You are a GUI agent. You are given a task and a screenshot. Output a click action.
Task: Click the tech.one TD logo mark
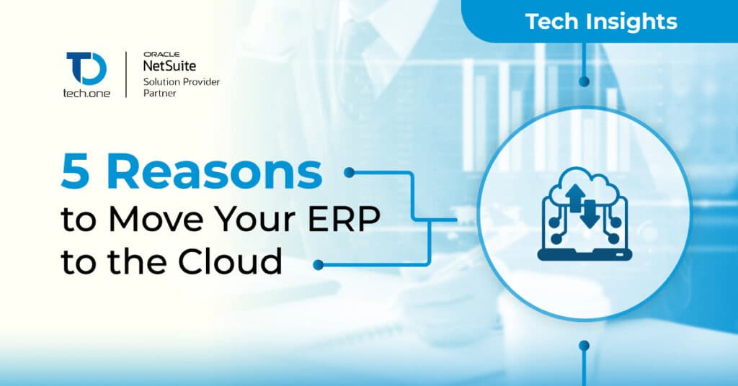coord(86,68)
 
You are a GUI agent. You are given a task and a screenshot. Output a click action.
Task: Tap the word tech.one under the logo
coord(86,93)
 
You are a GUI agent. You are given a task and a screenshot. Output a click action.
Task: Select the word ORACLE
coord(161,55)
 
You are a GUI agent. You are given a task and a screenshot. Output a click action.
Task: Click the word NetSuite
coord(169,66)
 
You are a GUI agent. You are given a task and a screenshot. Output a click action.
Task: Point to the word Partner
coord(159,93)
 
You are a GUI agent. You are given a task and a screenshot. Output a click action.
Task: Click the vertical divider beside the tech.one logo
coord(126,74)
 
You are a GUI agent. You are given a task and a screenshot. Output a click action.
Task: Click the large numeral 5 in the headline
coord(75,173)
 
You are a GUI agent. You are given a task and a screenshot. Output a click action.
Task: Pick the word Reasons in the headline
coord(215,173)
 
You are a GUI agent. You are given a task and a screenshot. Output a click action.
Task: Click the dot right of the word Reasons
coord(349,173)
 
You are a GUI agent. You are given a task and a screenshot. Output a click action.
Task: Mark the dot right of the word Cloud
coord(318,265)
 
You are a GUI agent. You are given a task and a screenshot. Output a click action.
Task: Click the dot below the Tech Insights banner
coord(584,82)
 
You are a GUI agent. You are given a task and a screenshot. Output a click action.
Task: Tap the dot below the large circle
coord(584,346)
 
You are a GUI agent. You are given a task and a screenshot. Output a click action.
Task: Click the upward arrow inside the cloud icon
coord(574,197)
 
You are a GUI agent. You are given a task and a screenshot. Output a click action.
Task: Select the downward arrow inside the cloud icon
coord(590,214)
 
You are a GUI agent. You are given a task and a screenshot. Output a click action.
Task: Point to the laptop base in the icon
coord(584,255)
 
